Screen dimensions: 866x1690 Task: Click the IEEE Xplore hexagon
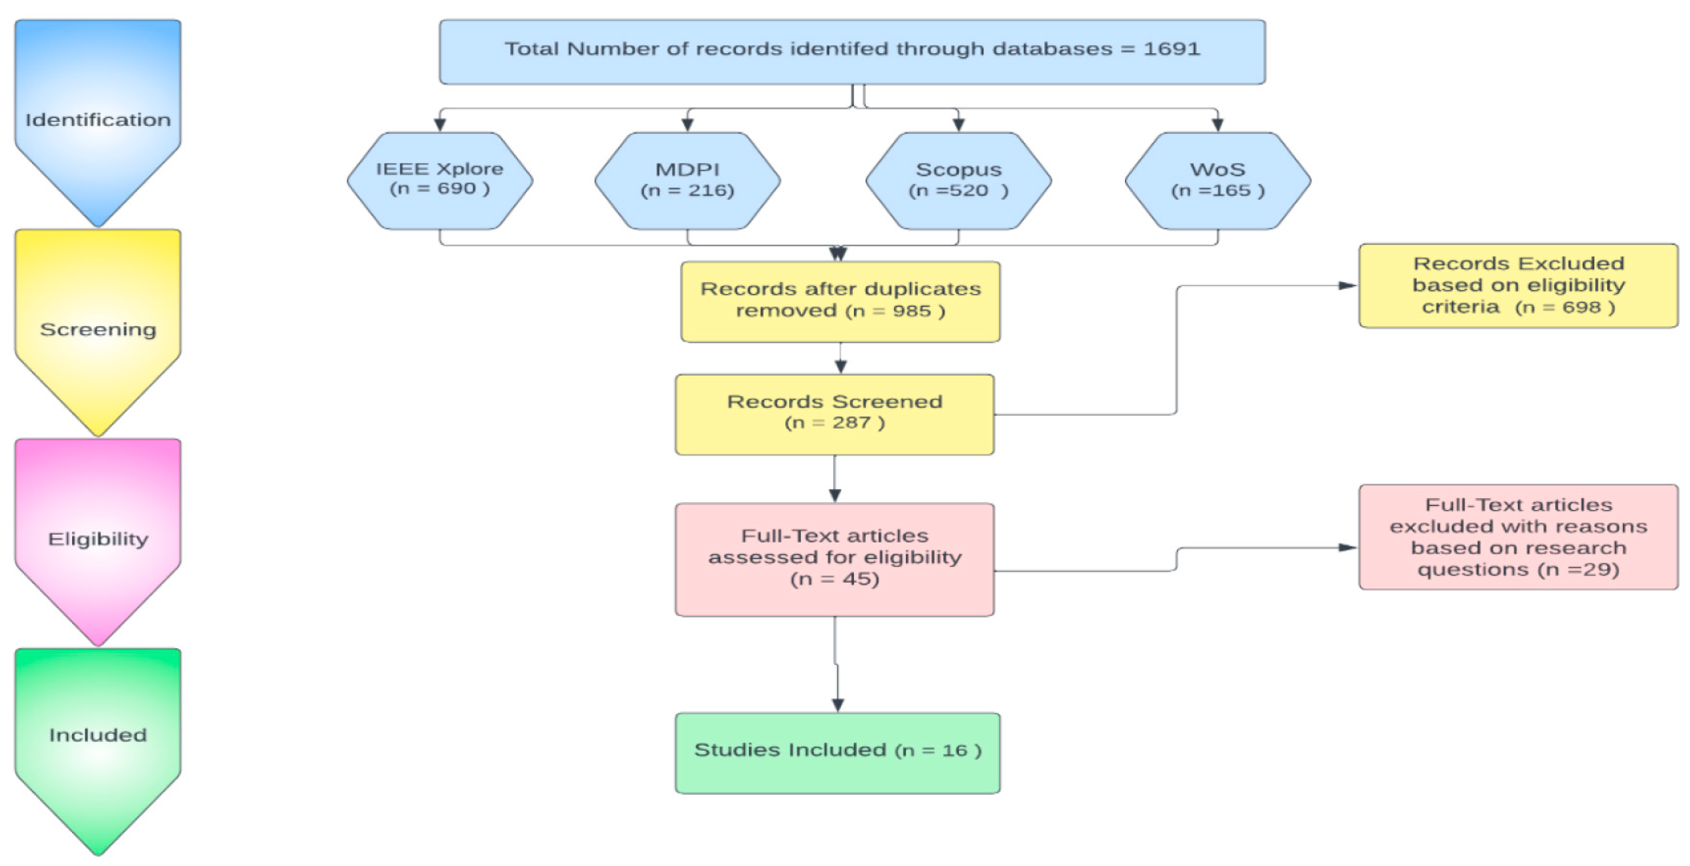pos(440,180)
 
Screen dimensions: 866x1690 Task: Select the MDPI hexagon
pos(688,180)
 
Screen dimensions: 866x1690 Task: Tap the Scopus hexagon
pos(959,180)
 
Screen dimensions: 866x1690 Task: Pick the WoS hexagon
pos(1217,180)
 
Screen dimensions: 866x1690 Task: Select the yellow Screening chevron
pos(98,329)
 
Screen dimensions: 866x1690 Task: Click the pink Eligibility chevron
pos(98,539)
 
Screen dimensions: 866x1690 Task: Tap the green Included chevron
pos(98,735)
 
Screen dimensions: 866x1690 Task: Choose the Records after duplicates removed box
pos(841,301)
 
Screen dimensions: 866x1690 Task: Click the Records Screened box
pos(834,414)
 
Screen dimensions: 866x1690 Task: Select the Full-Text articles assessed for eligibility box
pos(834,559)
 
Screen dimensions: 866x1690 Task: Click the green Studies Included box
pos(838,752)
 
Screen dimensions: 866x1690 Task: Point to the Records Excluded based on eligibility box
pos(1518,285)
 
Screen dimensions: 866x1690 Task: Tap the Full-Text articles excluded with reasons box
pos(1518,537)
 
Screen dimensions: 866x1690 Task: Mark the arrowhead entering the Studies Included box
pos(838,705)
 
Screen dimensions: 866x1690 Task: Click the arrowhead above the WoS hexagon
pos(1217,125)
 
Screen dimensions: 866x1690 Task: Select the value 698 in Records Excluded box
pos(1582,307)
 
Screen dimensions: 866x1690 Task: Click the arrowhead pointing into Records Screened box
pos(841,367)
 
